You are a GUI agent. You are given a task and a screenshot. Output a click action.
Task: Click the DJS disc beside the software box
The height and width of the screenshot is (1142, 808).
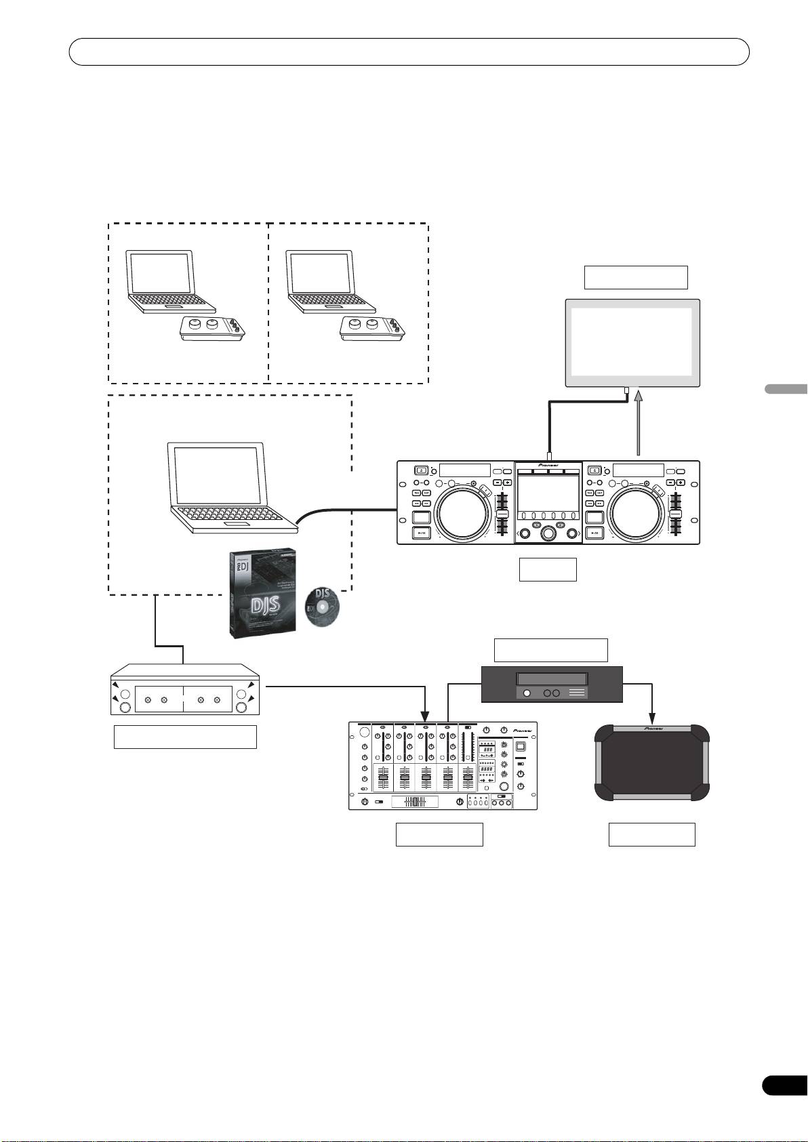pos(322,606)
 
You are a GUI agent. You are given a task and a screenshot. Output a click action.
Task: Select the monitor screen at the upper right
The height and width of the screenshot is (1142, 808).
pos(632,343)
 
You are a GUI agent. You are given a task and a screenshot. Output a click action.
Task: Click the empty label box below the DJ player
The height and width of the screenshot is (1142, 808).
pos(548,569)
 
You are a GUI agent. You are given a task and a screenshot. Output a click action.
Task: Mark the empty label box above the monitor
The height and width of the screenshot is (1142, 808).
pos(636,278)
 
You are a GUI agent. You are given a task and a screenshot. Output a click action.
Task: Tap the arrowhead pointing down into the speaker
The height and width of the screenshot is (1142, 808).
pos(652,716)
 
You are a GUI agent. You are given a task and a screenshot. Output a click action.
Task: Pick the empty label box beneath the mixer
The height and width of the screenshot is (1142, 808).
pos(439,834)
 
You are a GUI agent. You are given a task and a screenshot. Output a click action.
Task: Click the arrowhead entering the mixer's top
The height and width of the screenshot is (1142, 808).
pos(426,716)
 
